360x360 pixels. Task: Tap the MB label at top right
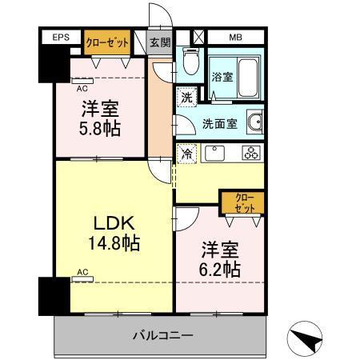pos(235,38)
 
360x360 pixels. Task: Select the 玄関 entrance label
pos(160,42)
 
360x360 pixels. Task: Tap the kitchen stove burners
pos(250,153)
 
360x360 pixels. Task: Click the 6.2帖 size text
pos(218,269)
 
